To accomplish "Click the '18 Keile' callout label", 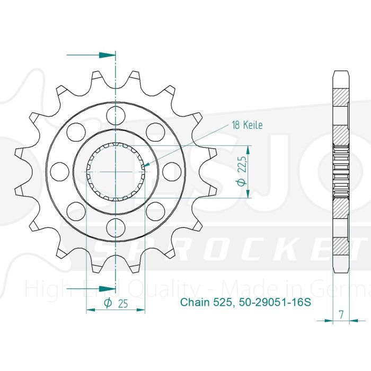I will [x=247, y=125].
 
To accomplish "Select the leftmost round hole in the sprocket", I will [x=59, y=171].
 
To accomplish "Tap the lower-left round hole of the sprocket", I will [x=75, y=210].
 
